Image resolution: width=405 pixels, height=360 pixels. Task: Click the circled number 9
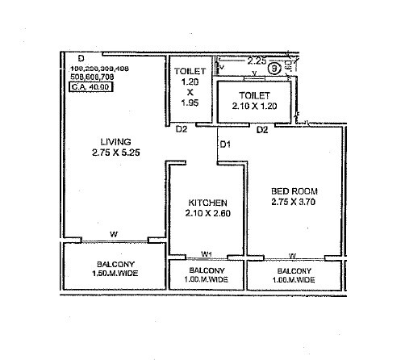[275, 69]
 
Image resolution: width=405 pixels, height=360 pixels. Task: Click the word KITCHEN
[207, 202]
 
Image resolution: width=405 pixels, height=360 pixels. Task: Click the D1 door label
[225, 144]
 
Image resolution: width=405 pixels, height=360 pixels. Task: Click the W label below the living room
[114, 235]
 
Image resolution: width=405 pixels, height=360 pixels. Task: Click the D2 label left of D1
[182, 129]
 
